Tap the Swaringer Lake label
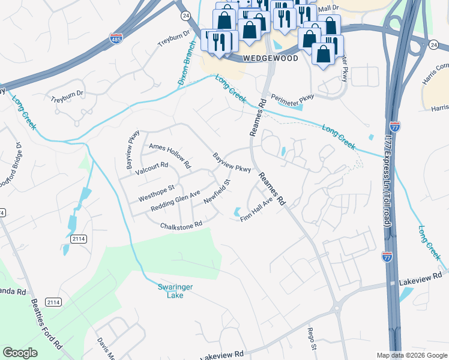[175, 291]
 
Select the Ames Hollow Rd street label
[170, 155]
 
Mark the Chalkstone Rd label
[181, 226]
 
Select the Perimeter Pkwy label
[292, 97]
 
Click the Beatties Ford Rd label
[46, 324]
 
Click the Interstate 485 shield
[116, 39]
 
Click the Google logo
[20, 353]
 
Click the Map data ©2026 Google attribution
[411, 355]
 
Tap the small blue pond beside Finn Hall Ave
[237, 212]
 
